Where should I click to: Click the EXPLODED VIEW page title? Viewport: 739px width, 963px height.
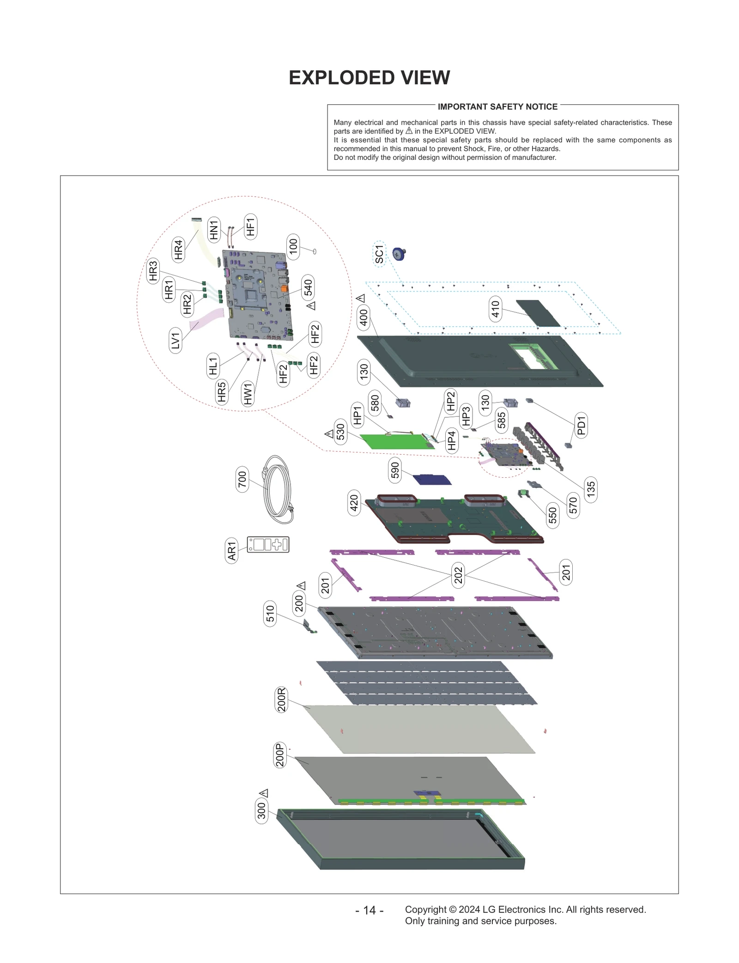[x=369, y=78]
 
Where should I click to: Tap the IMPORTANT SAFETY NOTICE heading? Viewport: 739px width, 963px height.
[x=497, y=107]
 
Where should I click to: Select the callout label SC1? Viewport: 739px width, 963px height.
[x=379, y=254]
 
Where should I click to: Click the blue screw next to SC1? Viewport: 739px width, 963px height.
[x=399, y=254]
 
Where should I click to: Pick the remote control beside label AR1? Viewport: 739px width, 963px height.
[x=268, y=544]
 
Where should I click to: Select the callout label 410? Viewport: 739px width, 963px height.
[x=495, y=309]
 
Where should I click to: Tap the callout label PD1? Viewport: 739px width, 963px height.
[x=581, y=426]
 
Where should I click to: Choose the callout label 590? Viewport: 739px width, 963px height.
[x=395, y=470]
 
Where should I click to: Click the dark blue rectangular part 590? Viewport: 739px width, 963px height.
[x=432, y=479]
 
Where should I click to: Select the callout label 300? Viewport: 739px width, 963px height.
[x=261, y=810]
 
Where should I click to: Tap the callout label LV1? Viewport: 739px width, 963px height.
[x=176, y=341]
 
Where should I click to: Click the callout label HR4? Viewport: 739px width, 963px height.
[x=178, y=249]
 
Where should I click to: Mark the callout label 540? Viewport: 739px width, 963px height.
[x=308, y=287]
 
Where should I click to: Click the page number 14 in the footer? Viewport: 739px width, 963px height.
[x=369, y=910]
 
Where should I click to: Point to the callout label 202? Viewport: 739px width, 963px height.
[x=458, y=575]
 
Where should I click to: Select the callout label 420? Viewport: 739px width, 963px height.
[x=354, y=503]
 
